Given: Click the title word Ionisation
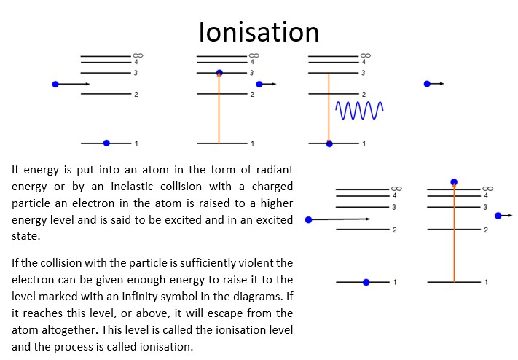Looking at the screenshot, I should pos(259,32).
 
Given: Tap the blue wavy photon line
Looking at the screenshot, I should pos(359,110).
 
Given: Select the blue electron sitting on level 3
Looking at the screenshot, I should pos(219,73).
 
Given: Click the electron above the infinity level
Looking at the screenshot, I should pos(454,181).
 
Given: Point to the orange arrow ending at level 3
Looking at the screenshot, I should pos(219,109).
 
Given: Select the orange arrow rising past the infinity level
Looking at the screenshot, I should pos(454,233).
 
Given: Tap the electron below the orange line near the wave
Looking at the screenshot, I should pos(329,144).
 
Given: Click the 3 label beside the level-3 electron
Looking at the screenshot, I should pos(252,73).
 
